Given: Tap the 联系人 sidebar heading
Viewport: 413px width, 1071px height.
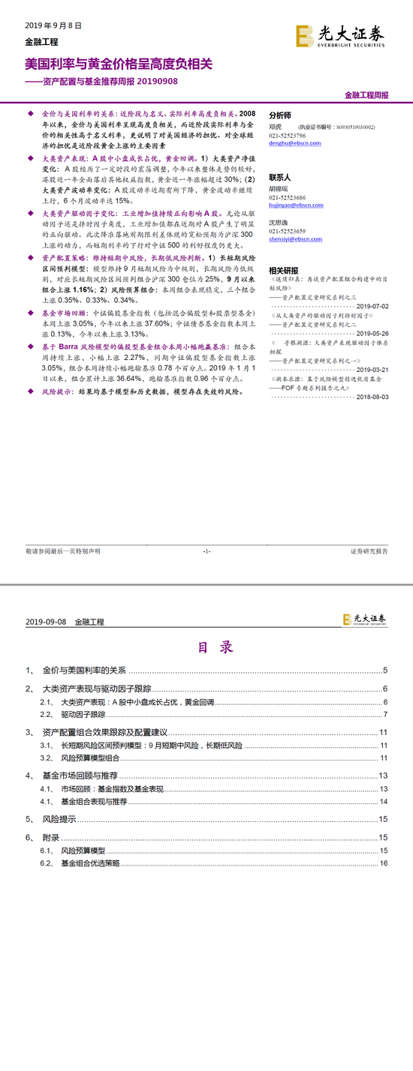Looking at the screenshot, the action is (x=280, y=178).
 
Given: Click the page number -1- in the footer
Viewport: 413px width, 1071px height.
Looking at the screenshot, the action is (x=206, y=551).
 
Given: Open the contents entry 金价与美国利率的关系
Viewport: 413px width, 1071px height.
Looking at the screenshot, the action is (x=84, y=670).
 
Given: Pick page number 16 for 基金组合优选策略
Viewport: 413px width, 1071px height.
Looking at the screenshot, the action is (x=383, y=863).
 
